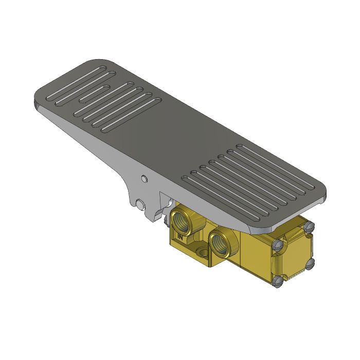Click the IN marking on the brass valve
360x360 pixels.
tap(181, 237)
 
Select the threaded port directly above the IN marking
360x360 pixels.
tap(183, 218)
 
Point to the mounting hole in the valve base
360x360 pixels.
tap(204, 253)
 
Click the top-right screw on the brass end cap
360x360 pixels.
tap(309, 227)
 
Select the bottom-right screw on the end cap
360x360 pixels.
tap(309, 263)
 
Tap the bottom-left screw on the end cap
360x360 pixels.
tap(278, 281)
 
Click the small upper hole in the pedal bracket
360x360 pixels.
tap(145, 179)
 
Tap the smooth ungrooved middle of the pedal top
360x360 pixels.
tap(154, 139)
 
